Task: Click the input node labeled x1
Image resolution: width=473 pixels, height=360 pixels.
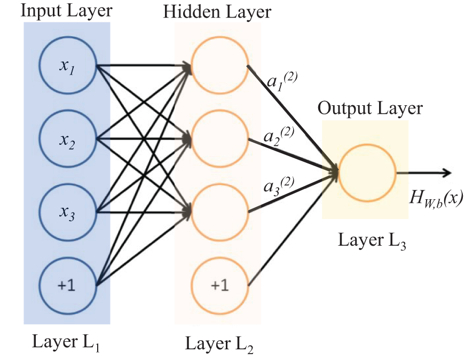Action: [67, 67]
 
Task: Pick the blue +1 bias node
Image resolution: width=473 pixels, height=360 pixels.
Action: [67, 284]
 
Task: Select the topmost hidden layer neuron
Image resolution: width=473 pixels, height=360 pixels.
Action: [219, 67]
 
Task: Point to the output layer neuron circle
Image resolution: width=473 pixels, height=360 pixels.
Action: [366, 173]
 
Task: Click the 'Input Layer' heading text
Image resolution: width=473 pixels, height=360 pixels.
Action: [66, 11]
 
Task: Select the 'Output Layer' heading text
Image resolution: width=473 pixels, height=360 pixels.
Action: [370, 108]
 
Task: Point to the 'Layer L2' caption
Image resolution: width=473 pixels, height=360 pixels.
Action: [219, 345]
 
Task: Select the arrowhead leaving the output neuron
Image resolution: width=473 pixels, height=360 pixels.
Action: [444, 173]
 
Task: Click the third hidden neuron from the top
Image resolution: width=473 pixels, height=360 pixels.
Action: [219, 210]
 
